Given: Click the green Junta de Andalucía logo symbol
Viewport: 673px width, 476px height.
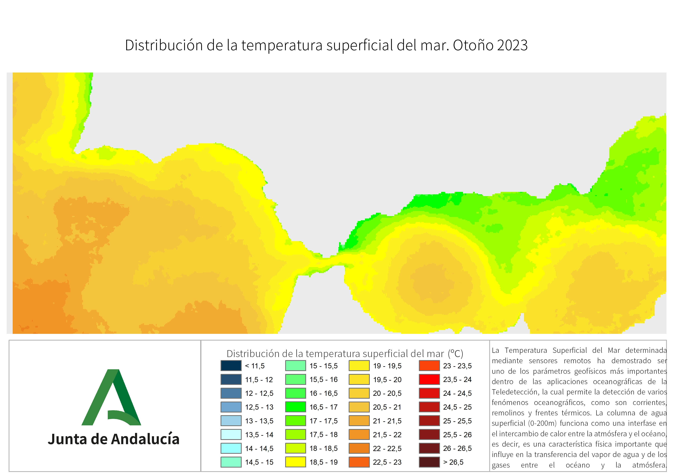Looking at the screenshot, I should (x=111, y=397).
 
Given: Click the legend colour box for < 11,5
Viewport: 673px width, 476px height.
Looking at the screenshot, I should (x=231, y=366).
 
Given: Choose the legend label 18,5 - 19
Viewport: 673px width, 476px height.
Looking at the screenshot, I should (x=324, y=462).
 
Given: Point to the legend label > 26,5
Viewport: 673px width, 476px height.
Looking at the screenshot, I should (x=453, y=462).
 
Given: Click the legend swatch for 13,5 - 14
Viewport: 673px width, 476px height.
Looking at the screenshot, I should (x=231, y=434).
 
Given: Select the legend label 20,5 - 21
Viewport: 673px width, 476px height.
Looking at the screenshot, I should (x=387, y=407).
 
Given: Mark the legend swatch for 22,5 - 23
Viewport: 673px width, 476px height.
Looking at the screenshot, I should (x=359, y=462).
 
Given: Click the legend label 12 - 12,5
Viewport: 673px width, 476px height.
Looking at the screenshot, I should (x=259, y=393).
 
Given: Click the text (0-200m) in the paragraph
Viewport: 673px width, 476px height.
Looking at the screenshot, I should (x=542, y=423).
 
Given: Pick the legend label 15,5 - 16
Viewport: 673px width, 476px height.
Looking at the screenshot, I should (x=324, y=379).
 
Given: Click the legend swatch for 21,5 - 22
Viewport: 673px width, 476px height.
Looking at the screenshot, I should (x=359, y=434).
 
